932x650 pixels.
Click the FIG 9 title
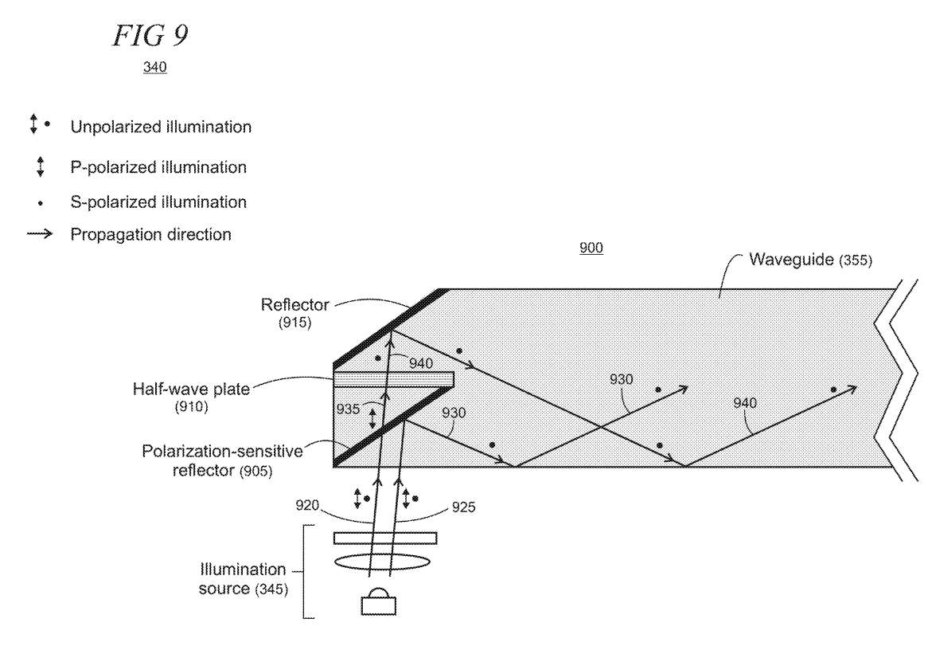(151, 36)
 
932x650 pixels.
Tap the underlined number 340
(154, 67)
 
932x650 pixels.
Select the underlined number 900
(591, 248)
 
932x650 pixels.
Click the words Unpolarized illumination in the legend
(161, 127)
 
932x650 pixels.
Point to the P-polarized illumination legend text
(158, 167)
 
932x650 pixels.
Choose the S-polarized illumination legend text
(158, 202)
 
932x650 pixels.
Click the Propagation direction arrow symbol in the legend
(40, 234)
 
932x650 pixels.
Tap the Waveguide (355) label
(810, 260)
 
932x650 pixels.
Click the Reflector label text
(294, 304)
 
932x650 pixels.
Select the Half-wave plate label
(191, 389)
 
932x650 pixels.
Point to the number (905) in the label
(255, 471)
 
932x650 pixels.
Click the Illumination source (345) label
(243, 578)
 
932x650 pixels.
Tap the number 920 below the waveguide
(307, 506)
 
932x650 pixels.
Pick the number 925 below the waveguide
(464, 507)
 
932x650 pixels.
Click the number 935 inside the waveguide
(349, 409)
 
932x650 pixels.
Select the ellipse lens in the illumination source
(381, 562)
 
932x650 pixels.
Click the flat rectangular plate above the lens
(385, 538)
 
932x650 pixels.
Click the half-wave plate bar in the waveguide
(393, 378)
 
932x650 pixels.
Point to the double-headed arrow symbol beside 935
(372, 419)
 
